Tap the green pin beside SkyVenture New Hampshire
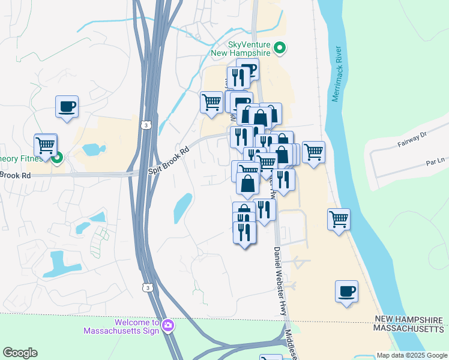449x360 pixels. (x=279, y=47)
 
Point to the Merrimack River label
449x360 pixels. (x=337, y=71)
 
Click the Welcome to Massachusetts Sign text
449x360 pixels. (x=121, y=326)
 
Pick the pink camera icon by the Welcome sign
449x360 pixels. (x=168, y=326)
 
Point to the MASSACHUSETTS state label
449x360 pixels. (x=409, y=329)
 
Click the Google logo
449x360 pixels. (x=20, y=353)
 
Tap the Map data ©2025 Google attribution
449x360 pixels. (x=412, y=355)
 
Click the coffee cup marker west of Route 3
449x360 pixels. (x=67, y=107)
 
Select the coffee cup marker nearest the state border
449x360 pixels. (x=346, y=292)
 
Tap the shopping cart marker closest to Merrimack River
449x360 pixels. (x=339, y=220)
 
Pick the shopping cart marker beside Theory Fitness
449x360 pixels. (x=46, y=145)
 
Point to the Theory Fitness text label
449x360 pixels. (x=22, y=158)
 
